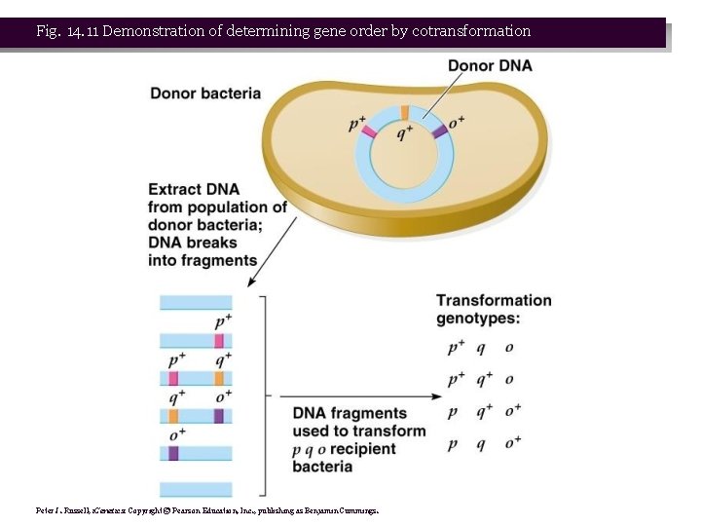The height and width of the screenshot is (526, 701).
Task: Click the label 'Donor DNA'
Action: pos(490,66)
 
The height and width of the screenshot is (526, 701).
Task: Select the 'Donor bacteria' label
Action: pos(205,94)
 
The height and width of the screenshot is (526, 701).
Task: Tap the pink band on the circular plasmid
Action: pos(368,130)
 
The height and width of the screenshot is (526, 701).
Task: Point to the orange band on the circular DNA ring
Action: pos(404,111)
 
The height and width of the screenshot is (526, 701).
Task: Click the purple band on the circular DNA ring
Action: pos(440,130)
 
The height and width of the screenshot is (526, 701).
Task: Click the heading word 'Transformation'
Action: pos(494,301)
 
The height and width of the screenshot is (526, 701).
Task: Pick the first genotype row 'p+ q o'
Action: pos(481,348)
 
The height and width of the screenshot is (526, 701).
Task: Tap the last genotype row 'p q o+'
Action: pos(484,443)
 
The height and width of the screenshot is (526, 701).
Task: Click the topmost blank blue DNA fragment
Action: pos(196,303)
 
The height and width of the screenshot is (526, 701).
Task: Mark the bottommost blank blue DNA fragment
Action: pos(196,489)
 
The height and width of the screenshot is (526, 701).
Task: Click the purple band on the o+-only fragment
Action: pos(173,453)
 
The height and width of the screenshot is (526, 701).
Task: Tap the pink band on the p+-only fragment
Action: pos(220,340)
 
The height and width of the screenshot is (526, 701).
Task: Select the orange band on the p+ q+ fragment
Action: pos(220,378)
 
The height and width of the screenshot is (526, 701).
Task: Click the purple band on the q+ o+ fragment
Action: pos(219,416)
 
